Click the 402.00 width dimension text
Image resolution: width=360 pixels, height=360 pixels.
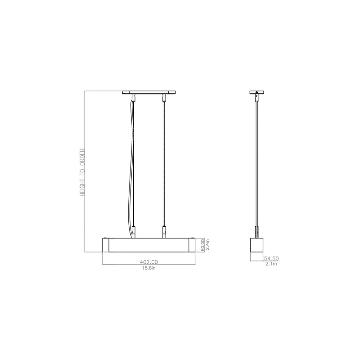click(149, 262)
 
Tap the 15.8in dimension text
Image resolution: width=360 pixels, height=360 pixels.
click(149, 268)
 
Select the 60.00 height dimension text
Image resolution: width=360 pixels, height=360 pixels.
click(202, 245)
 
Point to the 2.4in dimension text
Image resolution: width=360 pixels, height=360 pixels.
click(207, 245)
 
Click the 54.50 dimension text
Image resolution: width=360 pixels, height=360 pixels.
click(271, 258)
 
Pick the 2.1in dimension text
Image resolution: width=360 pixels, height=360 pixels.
click(271, 264)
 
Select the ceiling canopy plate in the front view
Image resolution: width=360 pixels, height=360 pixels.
click(149, 93)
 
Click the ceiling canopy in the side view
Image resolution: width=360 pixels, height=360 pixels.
click(257, 93)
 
